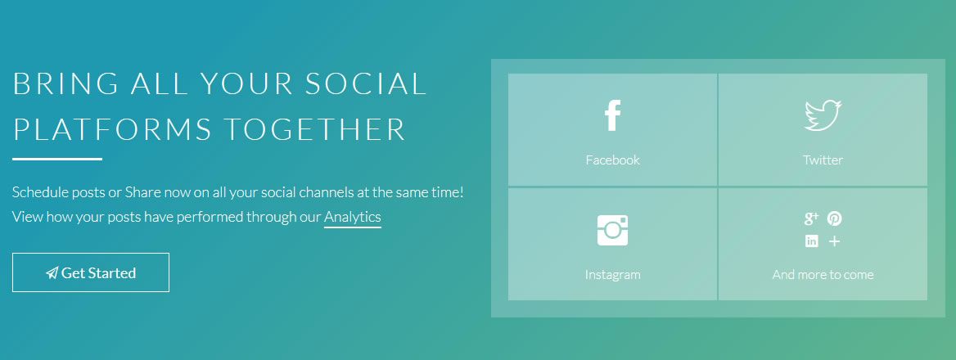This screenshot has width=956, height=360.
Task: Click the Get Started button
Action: point(91,272)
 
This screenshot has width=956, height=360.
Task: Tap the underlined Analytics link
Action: point(353,217)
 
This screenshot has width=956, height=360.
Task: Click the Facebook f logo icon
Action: point(613,115)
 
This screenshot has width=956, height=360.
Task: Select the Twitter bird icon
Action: point(823,115)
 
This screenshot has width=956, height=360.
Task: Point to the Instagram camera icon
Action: point(613,230)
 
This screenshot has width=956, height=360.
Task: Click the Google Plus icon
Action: point(811,218)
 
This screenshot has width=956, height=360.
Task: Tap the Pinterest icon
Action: point(835,218)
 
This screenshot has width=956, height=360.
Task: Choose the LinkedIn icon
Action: point(811,241)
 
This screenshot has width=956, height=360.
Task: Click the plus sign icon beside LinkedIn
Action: point(835,241)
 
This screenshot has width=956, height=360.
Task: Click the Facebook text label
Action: point(613,160)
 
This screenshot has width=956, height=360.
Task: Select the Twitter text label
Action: point(823,160)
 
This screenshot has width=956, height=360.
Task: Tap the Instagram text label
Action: point(613,274)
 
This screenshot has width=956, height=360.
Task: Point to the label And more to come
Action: point(823,274)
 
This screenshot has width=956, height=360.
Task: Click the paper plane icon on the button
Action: point(52,273)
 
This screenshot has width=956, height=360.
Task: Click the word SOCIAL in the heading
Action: point(366,83)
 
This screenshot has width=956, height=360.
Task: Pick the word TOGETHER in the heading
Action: point(314,129)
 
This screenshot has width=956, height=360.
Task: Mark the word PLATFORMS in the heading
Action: point(113,129)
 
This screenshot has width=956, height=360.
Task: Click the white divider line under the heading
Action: point(57,159)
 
